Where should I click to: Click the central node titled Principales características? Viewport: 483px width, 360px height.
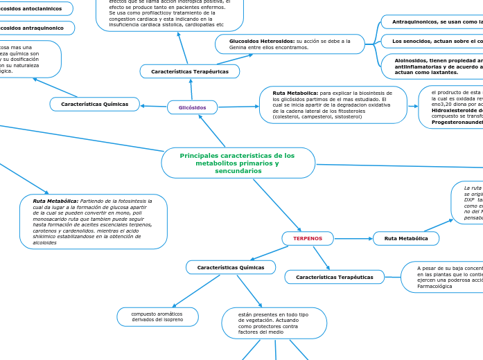pos(238,163)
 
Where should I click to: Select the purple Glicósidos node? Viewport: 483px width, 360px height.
pos(192,107)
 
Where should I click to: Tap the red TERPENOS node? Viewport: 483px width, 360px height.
pos(308,238)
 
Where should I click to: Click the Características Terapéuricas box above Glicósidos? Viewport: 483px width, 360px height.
pos(189,71)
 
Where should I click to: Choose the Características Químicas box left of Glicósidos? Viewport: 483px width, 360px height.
pos(94,104)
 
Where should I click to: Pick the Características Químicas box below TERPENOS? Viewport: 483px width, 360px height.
pos(230,267)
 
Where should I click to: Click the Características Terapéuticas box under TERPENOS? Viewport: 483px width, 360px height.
pos(334,277)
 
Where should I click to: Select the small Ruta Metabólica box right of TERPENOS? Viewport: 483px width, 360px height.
pos(406,238)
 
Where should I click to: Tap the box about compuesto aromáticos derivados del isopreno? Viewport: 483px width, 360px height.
pos(157,316)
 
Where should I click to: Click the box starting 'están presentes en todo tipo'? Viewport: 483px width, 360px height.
pos(274,323)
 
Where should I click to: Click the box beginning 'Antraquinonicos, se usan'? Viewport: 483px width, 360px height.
pos(432,22)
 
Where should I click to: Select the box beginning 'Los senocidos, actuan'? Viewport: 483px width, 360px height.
pos(432,41)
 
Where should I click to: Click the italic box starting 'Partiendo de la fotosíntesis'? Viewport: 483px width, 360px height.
pos(94,222)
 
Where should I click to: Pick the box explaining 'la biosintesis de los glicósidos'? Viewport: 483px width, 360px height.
pos(333,105)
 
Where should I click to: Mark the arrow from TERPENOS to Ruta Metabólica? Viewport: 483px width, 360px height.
pos(353,238)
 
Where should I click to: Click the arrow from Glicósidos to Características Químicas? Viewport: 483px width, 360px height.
pos(153,106)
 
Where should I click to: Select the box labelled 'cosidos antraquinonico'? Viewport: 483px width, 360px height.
pos(37,28)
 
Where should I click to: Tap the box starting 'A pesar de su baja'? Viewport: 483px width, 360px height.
pos(444,276)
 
